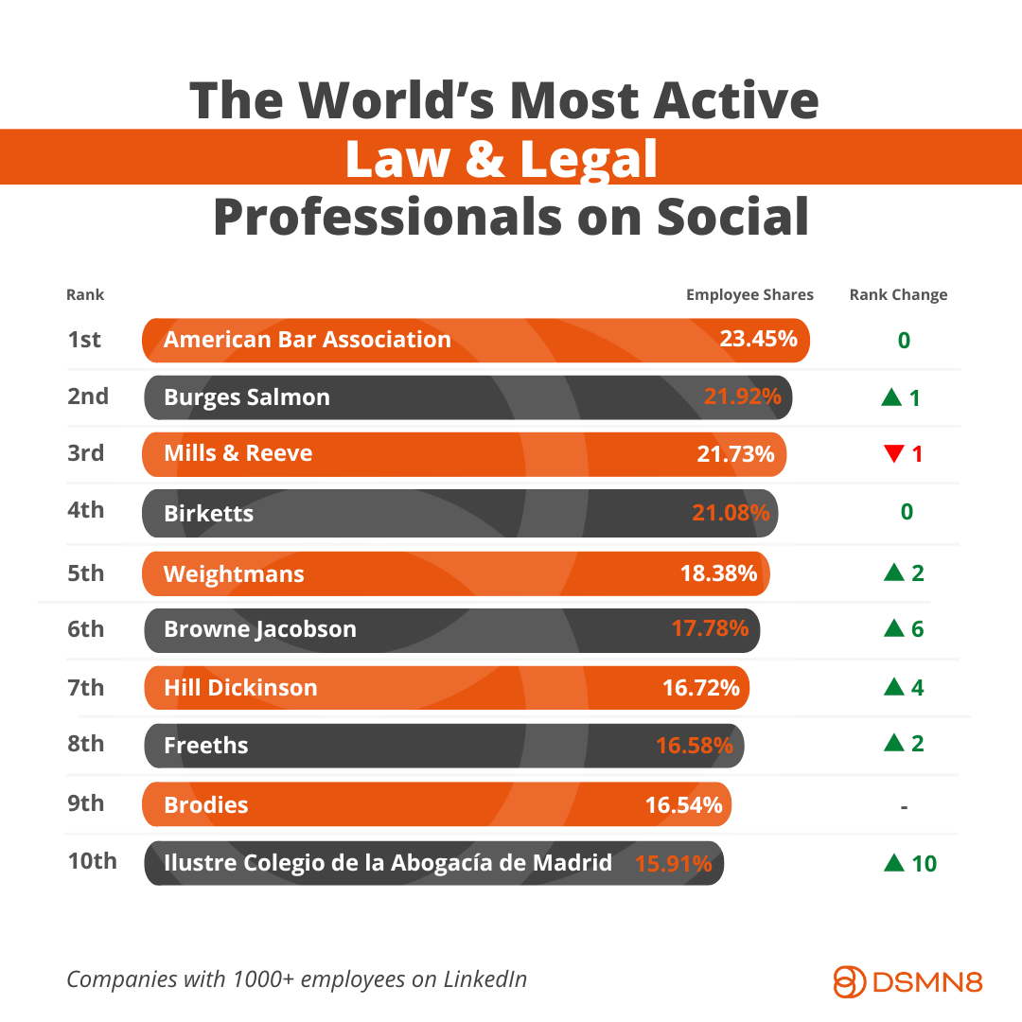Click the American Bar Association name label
pyautogui.click(x=307, y=340)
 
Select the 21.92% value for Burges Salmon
pyautogui.click(x=742, y=397)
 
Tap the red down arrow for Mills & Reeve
pyautogui.click(x=893, y=454)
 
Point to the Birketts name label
pyautogui.click(x=208, y=514)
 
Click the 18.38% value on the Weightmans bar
pyautogui.click(x=718, y=573)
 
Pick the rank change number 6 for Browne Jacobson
pyautogui.click(x=917, y=629)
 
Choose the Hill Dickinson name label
pyautogui.click(x=240, y=688)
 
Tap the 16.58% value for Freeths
pyautogui.click(x=694, y=746)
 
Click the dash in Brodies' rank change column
pyautogui.click(x=905, y=807)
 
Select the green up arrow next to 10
pyautogui.click(x=893, y=863)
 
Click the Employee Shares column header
pyautogui.click(x=749, y=294)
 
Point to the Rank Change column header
pyautogui.click(x=898, y=294)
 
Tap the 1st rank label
pyautogui.click(x=84, y=340)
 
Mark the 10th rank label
pyautogui.click(x=92, y=861)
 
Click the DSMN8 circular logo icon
pyautogui.click(x=849, y=981)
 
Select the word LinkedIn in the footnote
pyautogui.click(x=485, y=979)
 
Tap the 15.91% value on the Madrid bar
pyautogui.click(x=673, y=864)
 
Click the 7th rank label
pyautogui.click(x=85, y=687)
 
